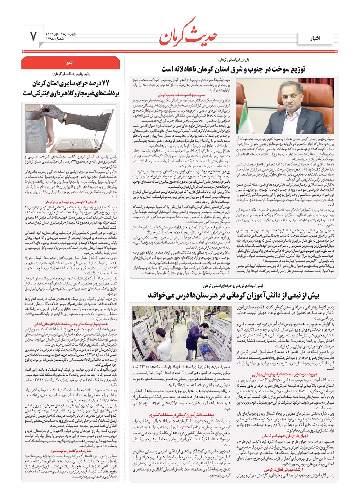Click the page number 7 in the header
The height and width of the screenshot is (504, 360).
33,36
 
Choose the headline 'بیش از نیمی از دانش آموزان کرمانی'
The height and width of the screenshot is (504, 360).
233,296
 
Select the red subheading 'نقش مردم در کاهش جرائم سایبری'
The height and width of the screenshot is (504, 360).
71,450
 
